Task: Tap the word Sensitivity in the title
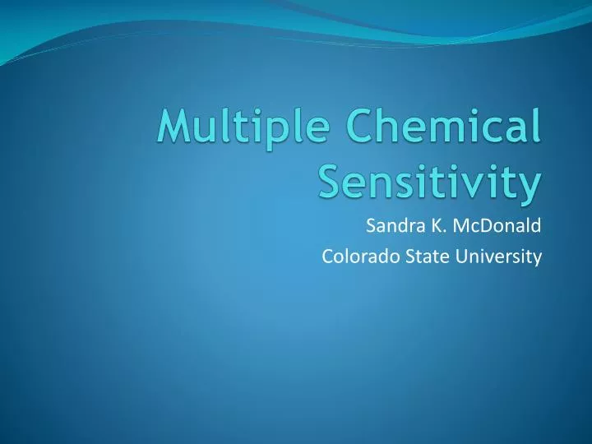click(429, 183)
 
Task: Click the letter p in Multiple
click(265, 136)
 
